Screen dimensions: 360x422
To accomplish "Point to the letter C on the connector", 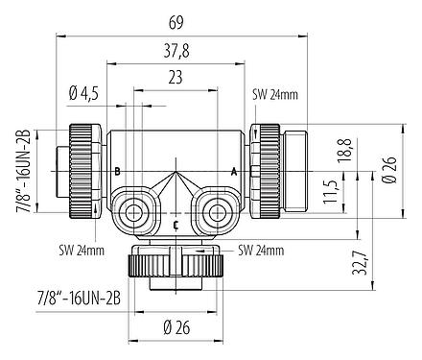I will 175,225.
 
